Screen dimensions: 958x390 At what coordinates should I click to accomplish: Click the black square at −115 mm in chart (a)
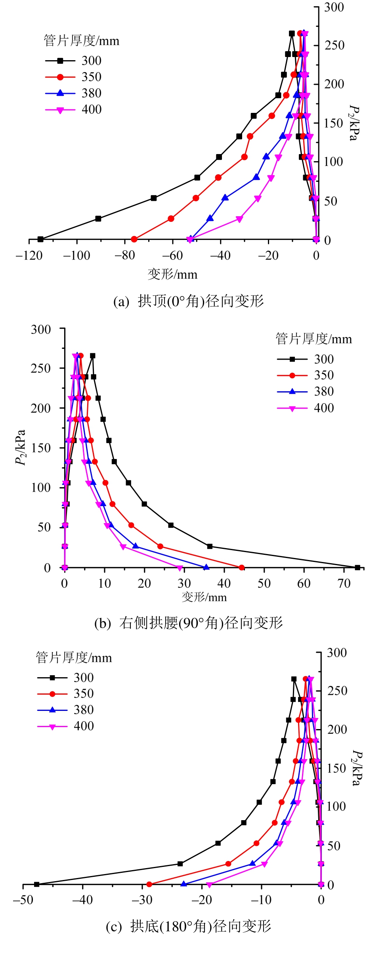click(40, 239)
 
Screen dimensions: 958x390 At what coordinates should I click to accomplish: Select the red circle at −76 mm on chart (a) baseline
click(134, 239)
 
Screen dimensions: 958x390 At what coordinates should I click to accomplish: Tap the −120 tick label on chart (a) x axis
click(29, 256)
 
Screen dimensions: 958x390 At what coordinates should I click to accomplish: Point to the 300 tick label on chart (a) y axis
click(334, 7)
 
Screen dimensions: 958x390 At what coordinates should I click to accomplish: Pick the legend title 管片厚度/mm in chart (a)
click(81, 41)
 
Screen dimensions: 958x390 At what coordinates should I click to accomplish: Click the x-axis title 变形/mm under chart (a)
click(172, 274)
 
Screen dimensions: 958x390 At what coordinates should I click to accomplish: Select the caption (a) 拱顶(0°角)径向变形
click(189, 301)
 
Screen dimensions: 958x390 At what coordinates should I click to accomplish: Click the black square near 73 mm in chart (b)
click(357, 568)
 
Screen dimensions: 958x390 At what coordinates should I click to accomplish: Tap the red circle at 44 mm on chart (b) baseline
click(242, 568)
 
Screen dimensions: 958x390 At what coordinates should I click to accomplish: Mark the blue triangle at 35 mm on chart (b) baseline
click(206, 568)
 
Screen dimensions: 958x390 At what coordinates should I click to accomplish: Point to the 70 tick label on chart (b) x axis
click(344, 583)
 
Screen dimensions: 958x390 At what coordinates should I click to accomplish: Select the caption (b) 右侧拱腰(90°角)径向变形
click(189, 623)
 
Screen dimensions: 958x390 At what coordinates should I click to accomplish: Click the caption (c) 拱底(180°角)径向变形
click(189, 927)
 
